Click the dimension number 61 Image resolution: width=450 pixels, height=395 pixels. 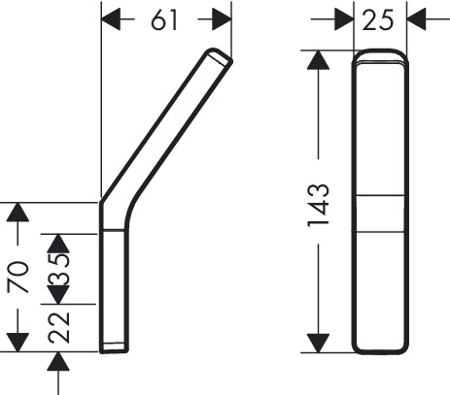pos(164,19)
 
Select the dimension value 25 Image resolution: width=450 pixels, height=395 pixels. pos(378,20)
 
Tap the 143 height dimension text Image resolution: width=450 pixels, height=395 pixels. pos(318,206)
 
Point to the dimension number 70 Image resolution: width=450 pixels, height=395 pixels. pos(17,277)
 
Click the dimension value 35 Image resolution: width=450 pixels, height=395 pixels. pos(58,269)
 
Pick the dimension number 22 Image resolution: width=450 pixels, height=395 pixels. pos(58,327)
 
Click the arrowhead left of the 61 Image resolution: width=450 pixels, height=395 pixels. pos(111,19)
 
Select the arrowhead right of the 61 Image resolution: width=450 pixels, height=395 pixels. pos(222,19)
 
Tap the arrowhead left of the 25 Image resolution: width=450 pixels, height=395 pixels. pos(344,19)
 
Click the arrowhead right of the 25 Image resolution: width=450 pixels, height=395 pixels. pos(417,19)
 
